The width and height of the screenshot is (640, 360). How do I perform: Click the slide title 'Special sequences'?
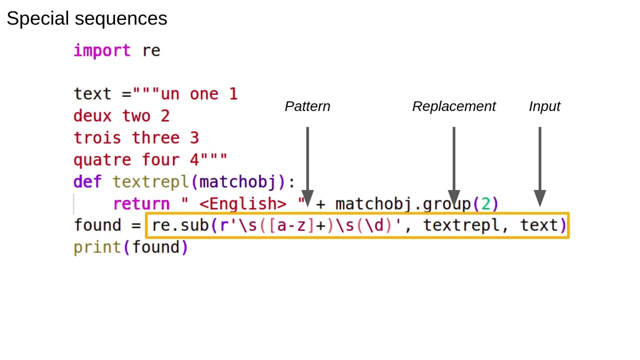tap(86, 19)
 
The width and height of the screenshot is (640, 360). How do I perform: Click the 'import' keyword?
tap(102, 50)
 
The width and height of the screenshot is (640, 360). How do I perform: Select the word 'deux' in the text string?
tap(92, 116)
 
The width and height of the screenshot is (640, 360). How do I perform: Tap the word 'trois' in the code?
tap(97, 138)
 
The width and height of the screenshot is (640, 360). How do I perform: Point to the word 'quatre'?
tap(102, 160)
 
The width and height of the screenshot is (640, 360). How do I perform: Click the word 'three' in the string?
tap(155, 138)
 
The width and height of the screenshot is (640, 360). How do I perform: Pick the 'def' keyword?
tap(87, 182)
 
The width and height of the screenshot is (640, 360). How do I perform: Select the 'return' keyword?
tap(141, 204)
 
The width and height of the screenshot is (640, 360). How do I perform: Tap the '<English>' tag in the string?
tap(243, 204)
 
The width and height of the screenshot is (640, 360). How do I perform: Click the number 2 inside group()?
tap(485, 204)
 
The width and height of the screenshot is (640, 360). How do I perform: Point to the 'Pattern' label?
tap(307, 106)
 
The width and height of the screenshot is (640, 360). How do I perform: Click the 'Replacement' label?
tap(453, 106)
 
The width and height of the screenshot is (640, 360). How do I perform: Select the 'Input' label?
tap(544, 106)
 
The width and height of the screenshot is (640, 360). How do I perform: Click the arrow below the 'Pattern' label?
tap(307, 165)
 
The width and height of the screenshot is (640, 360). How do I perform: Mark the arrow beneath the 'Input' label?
tap(539, 165)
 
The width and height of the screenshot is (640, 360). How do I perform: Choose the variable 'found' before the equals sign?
tap(97, 225)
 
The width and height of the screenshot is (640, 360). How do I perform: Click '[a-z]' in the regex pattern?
tap(291, 225)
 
